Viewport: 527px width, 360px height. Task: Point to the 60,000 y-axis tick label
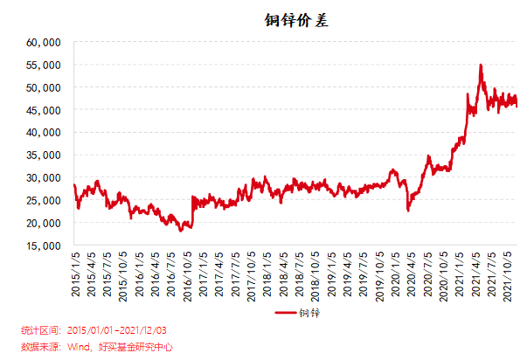[x=43, y=42]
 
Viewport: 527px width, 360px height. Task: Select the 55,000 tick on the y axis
[x=43, y=65]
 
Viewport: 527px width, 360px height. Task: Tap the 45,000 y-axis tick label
[x=43, y=110]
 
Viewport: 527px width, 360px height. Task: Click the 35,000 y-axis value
[x=43, y=155]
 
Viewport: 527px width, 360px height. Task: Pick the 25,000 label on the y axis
[x=43, y=200]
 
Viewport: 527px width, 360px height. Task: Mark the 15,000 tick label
[x=43, y=246]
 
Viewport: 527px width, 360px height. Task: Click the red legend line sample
[x=286, y=313]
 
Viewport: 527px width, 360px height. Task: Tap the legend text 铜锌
[x=308, y=313]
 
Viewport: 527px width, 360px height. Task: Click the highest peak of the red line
[x=480, y=65]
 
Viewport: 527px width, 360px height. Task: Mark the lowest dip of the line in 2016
[x=181, y=231]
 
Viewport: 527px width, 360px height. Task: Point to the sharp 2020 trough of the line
[x=408, y=211]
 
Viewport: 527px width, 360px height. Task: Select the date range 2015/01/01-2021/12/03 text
[x=119, y=330]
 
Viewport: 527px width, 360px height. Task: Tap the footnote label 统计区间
[x=40, y=330]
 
